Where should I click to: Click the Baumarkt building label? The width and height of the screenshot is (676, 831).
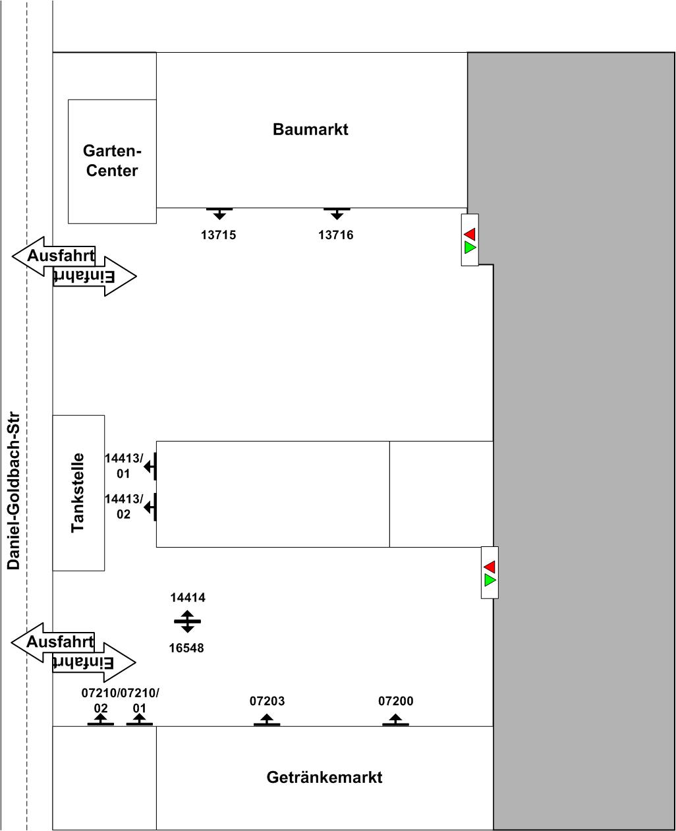pyautogui.click(x=310, y=130)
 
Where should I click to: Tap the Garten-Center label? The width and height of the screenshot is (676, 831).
pyautogui.click(x=112, y=161)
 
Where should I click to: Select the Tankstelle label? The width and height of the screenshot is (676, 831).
pyautogui.click(x=78, y=492)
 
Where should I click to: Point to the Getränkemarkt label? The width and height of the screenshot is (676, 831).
pyautogui.click(x=324, y=777)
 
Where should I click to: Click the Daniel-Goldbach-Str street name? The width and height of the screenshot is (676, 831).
pyautogui.click(x=13, y=490)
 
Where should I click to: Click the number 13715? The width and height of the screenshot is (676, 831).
pyautogui.click(x=219, y=235)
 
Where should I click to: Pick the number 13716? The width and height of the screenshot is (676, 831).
pyautogui.click(x=336, y=235)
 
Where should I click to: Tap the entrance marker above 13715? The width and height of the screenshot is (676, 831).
pyautogui.click(x=219, y=214)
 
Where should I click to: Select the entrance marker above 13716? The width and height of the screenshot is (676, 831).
pyautogui.click(x=337, y=214)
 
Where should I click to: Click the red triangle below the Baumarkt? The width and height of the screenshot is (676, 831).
pyautogui.click(x=470, y=234)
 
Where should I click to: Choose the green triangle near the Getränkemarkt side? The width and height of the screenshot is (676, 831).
pyautogui.click(x=490, y=580)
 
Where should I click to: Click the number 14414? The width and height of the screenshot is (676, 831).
pyautogui.click(x=188, y=597)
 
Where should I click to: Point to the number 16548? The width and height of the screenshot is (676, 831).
pyautogui.click(x=186, y=648)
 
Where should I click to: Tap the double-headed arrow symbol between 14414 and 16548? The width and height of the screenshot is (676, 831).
pyautogui.click(x=188, y=621)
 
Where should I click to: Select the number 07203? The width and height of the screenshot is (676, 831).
pyautogui.click(x=268, y=701)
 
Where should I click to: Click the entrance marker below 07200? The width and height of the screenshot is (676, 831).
pyautogui.click(x=395, y=720)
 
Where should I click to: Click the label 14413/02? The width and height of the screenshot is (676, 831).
pyautogui.click(x=124, y=506)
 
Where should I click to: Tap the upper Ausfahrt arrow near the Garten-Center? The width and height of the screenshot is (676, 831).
pyautogui.click(x=53, y=256)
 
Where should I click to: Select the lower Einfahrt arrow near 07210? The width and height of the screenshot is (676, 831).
pyautogui.click(x=94, y=662)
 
